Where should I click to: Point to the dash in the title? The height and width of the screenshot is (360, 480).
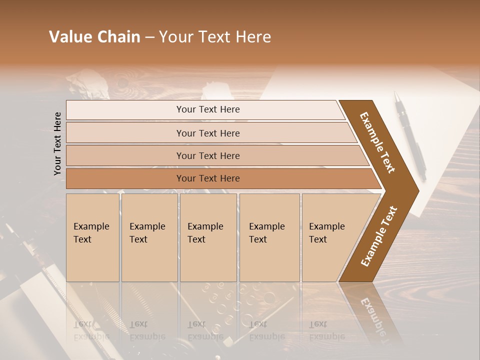point(149,37)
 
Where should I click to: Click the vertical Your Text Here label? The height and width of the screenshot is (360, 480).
point(58,143)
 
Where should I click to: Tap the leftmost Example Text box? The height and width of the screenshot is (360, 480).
point(92,237)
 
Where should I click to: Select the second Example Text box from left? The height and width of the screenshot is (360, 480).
point(149,237)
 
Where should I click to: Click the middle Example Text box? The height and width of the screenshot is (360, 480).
point(208,237)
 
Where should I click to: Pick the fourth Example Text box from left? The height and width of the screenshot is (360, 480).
point(269,237)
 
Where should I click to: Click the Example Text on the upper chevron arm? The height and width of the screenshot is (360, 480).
point(377,142)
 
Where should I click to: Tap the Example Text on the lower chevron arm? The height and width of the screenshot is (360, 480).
point(378,236)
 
